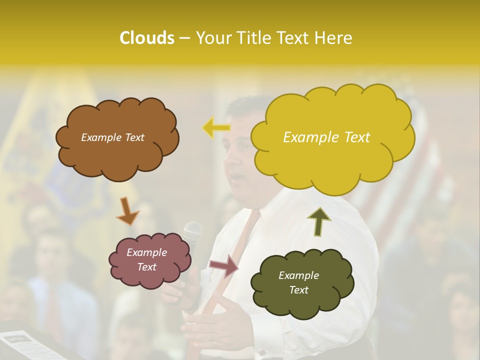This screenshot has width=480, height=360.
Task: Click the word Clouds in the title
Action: click(x=146, y=38)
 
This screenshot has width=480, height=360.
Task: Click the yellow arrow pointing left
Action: click(x=216, y=127)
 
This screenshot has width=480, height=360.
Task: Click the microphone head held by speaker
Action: click(x=192, y=231)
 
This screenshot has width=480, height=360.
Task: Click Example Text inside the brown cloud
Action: click(x=112, y=137)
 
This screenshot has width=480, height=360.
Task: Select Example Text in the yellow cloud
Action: click(x=326, y=137)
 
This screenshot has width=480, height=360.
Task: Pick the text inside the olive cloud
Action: click(x=298, y=282)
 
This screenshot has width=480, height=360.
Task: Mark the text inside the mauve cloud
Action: click(x=146, y=260)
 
